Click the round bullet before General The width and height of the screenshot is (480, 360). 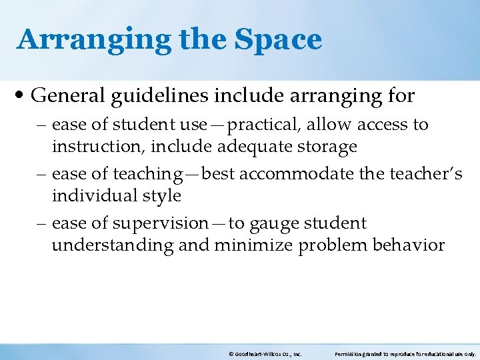[x=22, y=96]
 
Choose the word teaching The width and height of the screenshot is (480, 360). [x=143, y=174]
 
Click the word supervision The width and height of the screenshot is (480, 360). [x=161, y=223]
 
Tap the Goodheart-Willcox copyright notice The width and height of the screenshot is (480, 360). [x=265, y=355]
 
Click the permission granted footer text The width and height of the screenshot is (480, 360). [x=405, y=355]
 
